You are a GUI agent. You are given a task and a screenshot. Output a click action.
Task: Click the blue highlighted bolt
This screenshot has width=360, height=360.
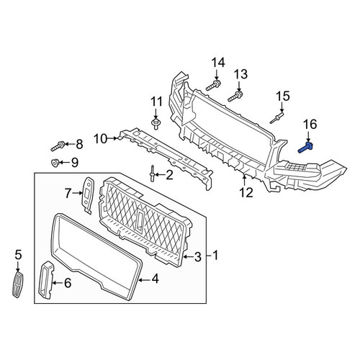tap(305, 148)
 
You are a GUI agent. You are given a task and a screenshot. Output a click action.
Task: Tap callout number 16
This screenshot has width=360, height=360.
tap(310, 125)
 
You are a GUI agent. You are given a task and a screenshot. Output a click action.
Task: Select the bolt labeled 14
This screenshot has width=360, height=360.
tap(214, 86)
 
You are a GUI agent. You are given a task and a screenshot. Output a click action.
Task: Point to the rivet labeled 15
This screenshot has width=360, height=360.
tap(277, 118)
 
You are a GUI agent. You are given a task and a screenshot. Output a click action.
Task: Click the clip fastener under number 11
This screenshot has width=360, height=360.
tap(156, 124)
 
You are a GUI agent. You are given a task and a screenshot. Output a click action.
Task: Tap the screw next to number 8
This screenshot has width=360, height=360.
tap(58, 146)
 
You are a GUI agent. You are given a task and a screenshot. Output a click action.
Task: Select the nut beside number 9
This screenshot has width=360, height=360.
tap(55, 163)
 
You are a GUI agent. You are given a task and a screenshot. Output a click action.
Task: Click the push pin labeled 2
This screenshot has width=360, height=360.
tap(152, 174)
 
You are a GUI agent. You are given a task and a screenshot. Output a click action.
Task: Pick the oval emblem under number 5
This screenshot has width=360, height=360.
tap(17, 284)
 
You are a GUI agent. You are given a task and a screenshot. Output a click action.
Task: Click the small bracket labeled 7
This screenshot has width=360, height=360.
tap(88, 194)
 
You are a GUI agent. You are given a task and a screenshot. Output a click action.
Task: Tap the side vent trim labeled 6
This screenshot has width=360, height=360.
tap(45, 280)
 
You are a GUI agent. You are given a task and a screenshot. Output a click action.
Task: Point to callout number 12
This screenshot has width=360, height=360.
tap(246, 192)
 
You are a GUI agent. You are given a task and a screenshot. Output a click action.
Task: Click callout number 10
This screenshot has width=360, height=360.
tap(101, 139)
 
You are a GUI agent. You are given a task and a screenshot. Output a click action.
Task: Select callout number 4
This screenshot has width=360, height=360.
tap(155, 279)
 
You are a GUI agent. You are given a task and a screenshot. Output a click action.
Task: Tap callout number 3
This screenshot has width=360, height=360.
tap(197, 257)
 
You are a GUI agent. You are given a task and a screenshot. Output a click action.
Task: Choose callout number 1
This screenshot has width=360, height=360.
tap(215, 255)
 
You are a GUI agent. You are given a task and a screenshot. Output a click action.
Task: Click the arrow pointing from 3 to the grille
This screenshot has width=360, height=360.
tap(188, 257)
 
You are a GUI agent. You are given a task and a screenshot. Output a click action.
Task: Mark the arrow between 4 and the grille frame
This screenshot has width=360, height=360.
tap(144, 279)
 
